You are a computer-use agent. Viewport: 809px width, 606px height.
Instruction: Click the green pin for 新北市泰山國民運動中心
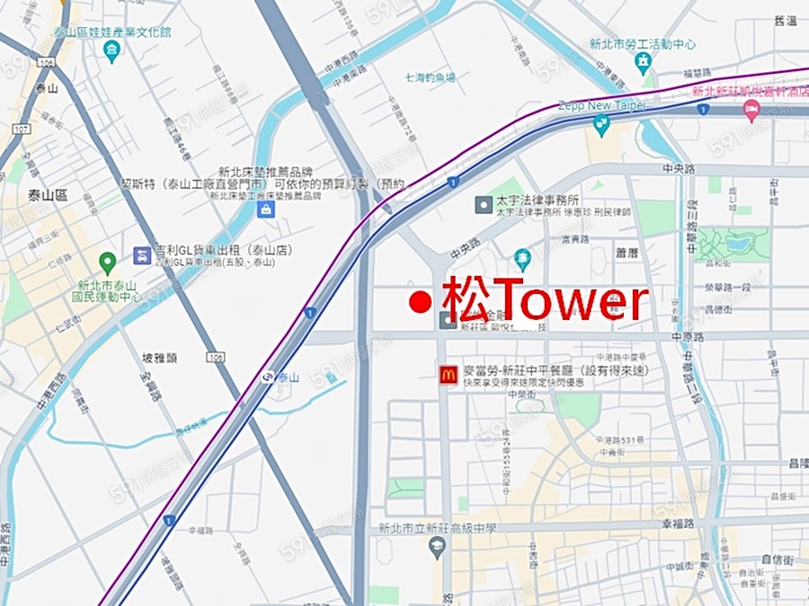click(107, 263)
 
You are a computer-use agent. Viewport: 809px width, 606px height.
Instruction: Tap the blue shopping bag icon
click(265, 209)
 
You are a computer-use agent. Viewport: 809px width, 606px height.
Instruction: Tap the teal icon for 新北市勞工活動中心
click(644, 61)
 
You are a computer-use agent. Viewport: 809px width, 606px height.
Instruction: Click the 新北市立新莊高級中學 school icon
click(438, 548)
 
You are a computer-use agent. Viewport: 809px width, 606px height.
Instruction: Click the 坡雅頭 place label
click(159, 358)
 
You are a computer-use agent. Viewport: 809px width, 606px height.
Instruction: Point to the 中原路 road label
click(689, 337)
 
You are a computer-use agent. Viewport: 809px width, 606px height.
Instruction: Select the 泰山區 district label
click(48, 195)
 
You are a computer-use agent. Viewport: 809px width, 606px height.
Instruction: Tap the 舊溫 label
click(785, 21)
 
